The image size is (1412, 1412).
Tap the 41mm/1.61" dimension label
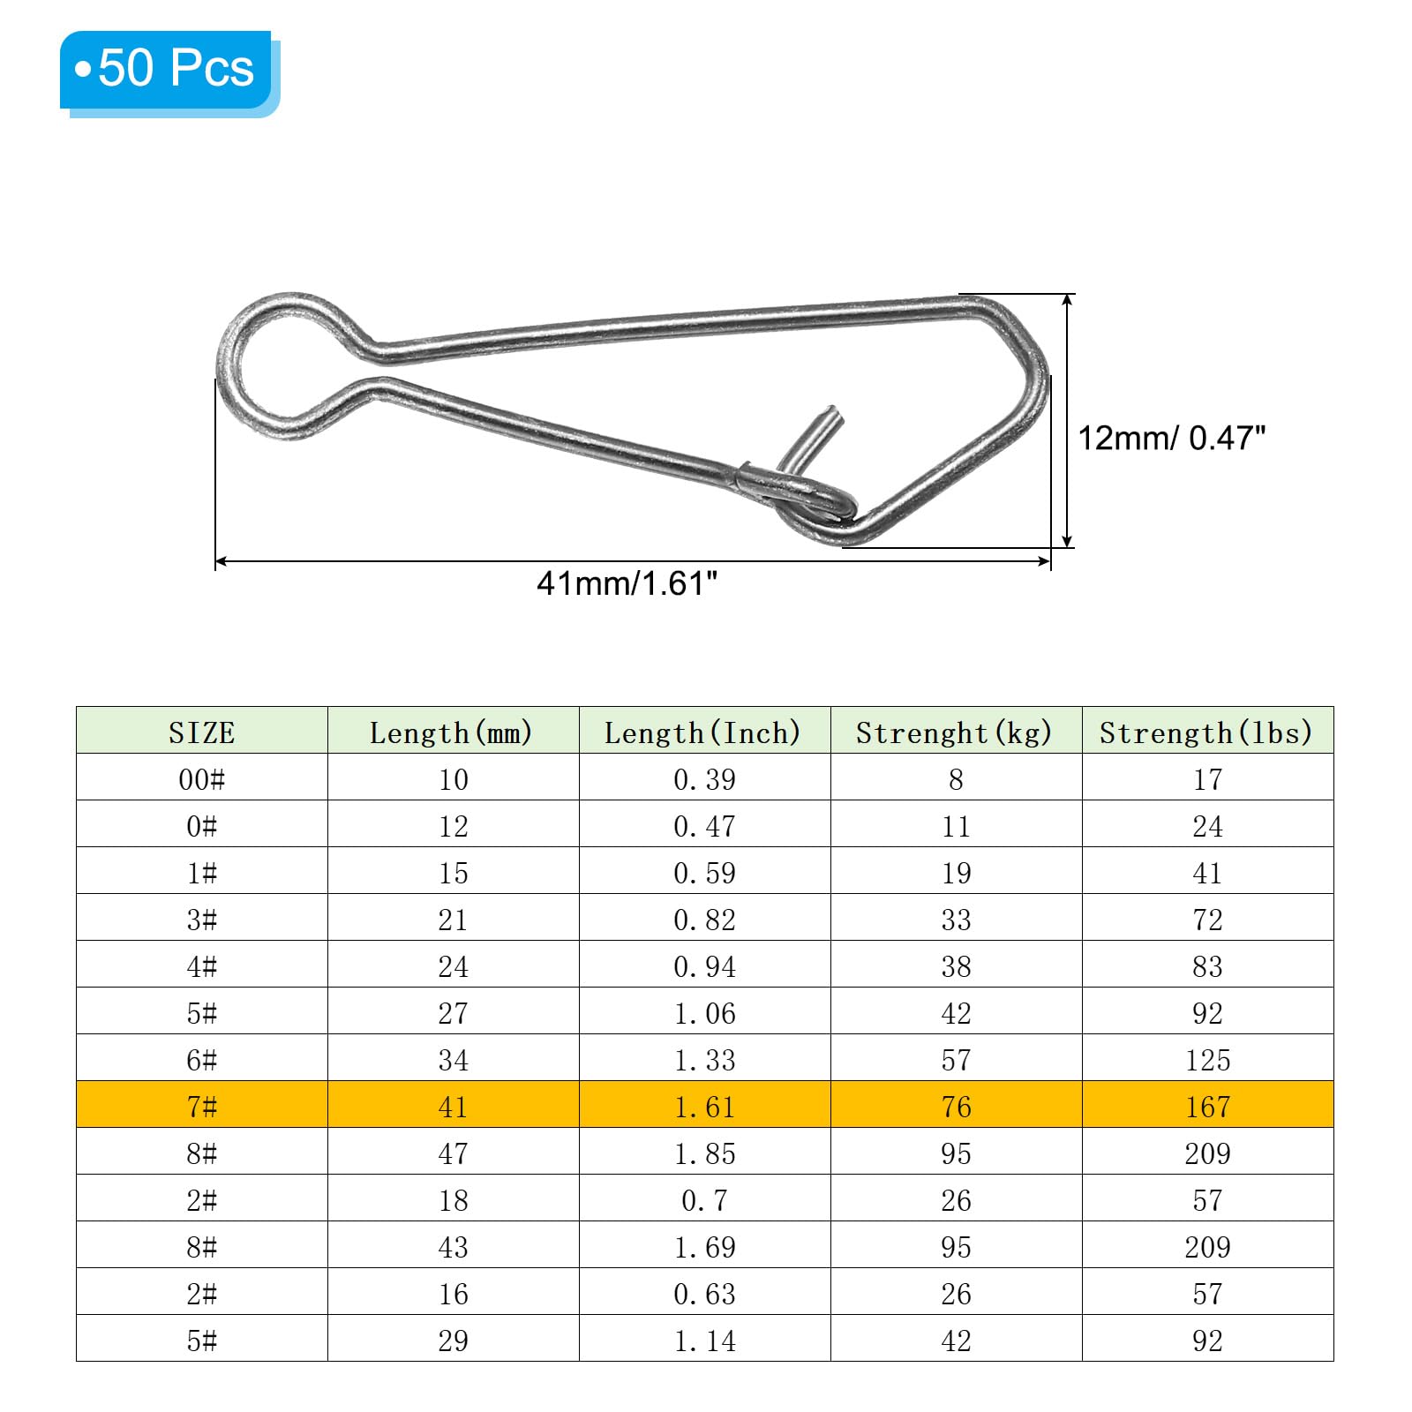click(x=627, y=583)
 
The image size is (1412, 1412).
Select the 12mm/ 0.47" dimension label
click(x=1172, y=438)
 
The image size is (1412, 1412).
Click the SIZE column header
click(x=202, y=732)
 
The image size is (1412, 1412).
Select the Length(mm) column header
click(x=453, y=732)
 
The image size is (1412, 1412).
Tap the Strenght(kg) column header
click(x=956, y=732)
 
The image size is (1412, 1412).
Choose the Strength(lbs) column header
click(x=1207, y=732)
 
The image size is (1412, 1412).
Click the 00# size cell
click(x=202, y=779)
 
